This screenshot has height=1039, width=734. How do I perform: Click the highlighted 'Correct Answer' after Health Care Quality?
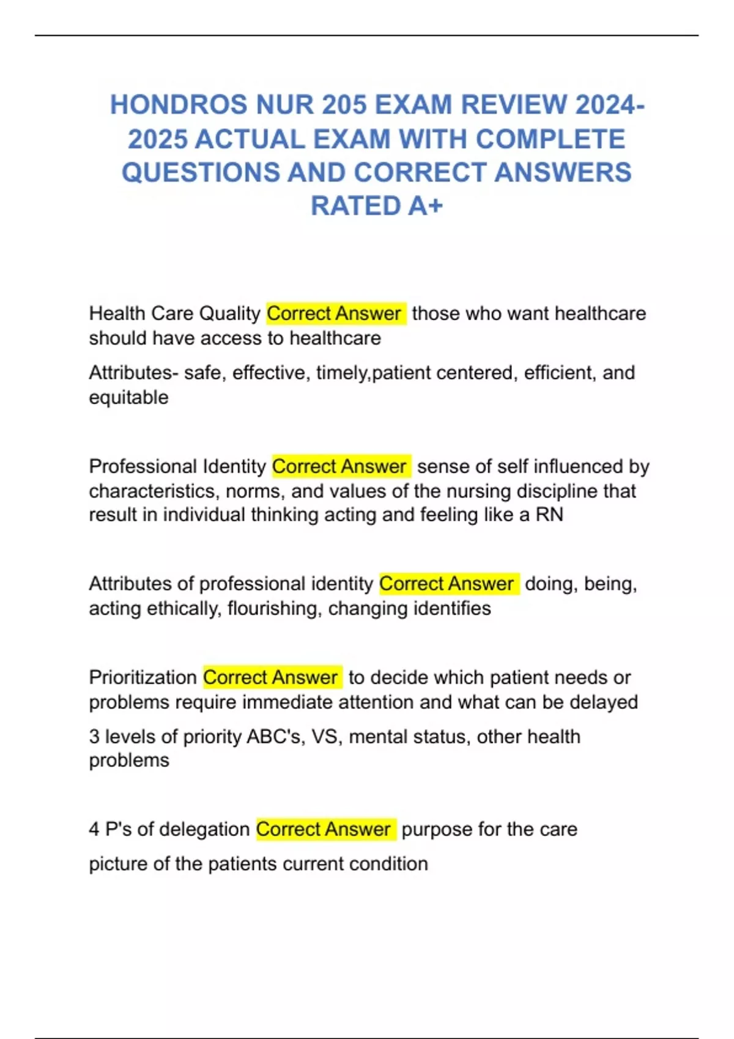(335, 314)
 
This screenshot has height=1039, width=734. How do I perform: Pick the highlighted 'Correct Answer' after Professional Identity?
(340, 466)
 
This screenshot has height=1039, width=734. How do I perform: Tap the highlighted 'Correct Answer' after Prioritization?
(271, 677)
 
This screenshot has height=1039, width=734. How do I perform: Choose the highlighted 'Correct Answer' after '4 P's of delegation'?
(324, 829)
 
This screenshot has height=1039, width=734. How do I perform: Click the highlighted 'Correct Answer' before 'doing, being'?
(447, 584)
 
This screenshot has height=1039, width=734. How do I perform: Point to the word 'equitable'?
(128, 398)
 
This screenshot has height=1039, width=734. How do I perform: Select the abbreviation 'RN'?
(549, 515)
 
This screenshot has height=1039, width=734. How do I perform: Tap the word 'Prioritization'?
(143, 677)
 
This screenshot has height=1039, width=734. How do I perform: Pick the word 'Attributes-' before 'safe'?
(134, 373)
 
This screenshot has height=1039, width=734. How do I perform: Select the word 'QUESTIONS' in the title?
(199, 172)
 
